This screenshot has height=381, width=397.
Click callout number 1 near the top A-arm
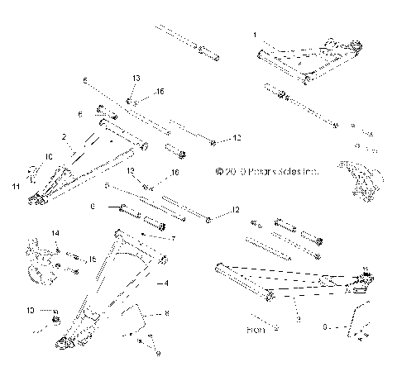[255, 35]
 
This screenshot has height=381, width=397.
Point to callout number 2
[64, 136]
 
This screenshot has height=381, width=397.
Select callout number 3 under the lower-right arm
[297, 317]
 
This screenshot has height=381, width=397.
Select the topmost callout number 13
[135, 77]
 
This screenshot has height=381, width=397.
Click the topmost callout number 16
[160, 91]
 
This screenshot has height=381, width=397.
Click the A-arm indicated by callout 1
[306, 62]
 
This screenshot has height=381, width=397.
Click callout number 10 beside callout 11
[48, 155]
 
